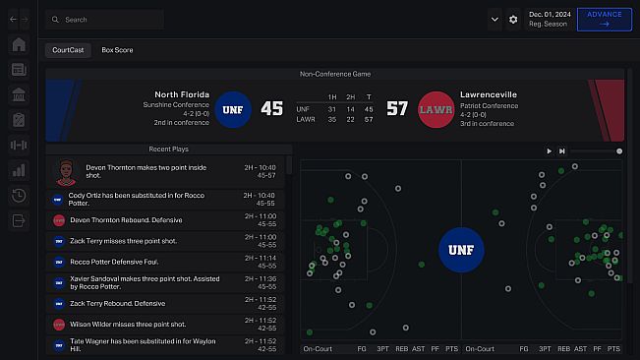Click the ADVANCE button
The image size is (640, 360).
pos(604,19)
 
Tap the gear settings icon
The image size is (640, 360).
pos(513,19)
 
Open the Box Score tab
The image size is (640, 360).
pos(117,49)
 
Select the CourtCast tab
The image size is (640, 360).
pos(68,49)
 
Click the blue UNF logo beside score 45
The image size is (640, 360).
pos(233,108)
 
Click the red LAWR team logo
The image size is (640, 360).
pos(436,108)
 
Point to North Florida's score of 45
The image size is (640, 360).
pos(272,108)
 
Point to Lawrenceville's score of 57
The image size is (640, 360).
pos(396,108)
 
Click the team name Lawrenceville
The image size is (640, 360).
pos(488,94)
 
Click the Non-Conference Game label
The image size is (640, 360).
pos(334,74)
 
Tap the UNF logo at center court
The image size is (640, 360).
pos(460,250)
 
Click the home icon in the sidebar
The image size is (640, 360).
pos(19,44)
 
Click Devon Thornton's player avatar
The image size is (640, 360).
pos(65,172)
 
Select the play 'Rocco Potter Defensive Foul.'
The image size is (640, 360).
pos(128,262)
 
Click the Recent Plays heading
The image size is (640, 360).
pos(168,149)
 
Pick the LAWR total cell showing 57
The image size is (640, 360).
pos(368,119)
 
